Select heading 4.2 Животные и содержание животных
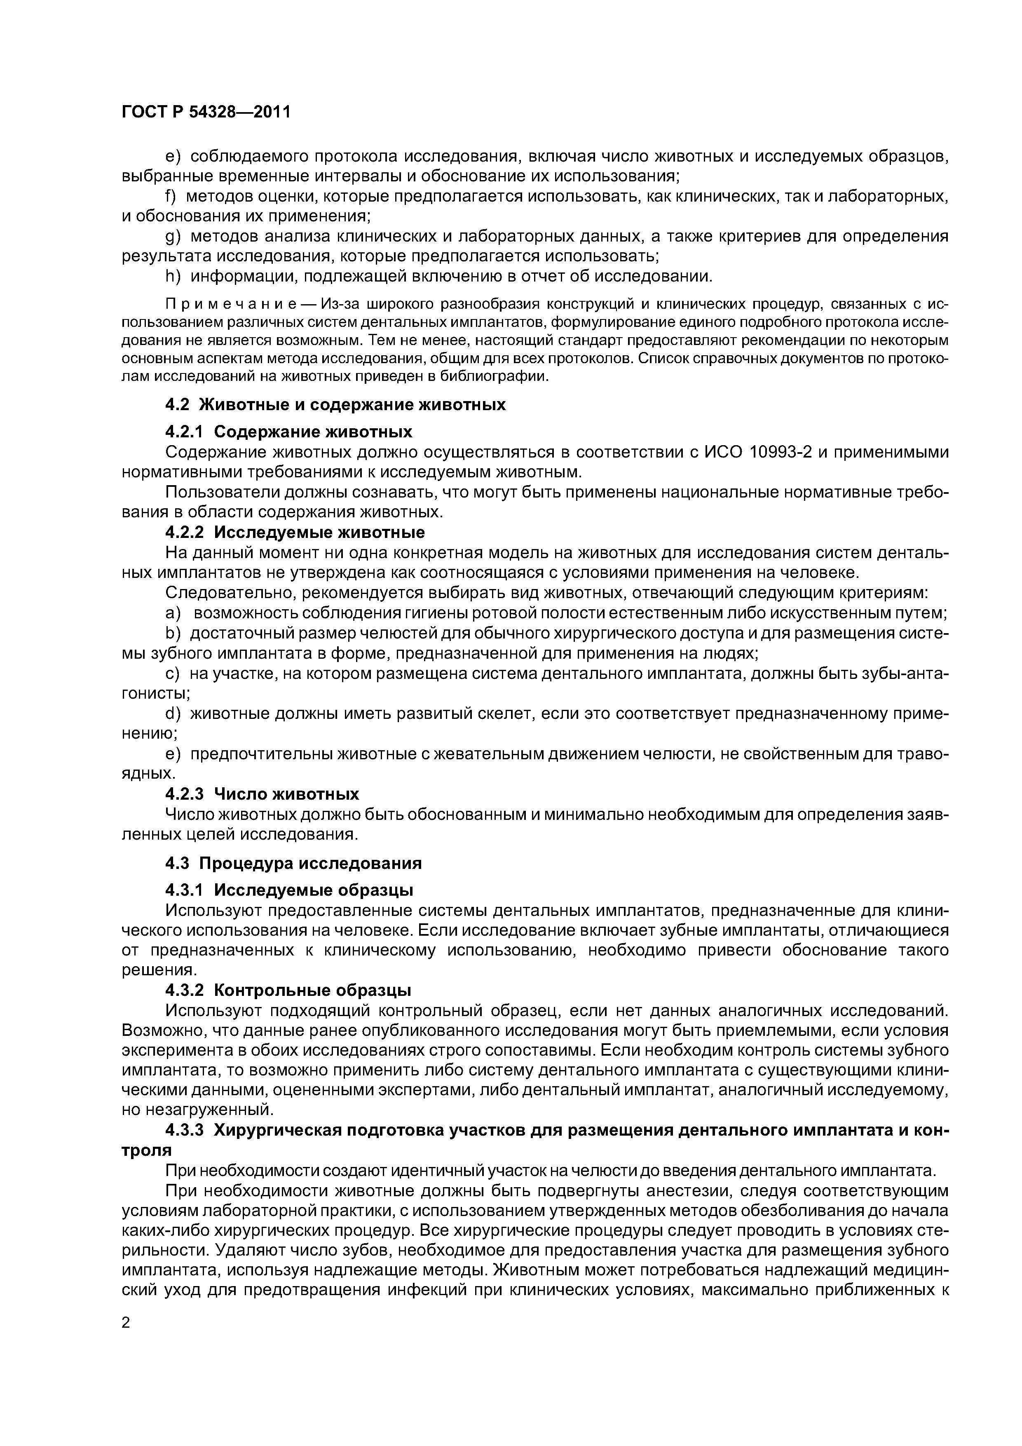point(335,404)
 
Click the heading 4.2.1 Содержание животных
point(288,432)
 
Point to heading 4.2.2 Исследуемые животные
point(295,532)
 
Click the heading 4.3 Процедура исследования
point(293,862)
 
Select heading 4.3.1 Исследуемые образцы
point(289,890)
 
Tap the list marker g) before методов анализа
point(173,236)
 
